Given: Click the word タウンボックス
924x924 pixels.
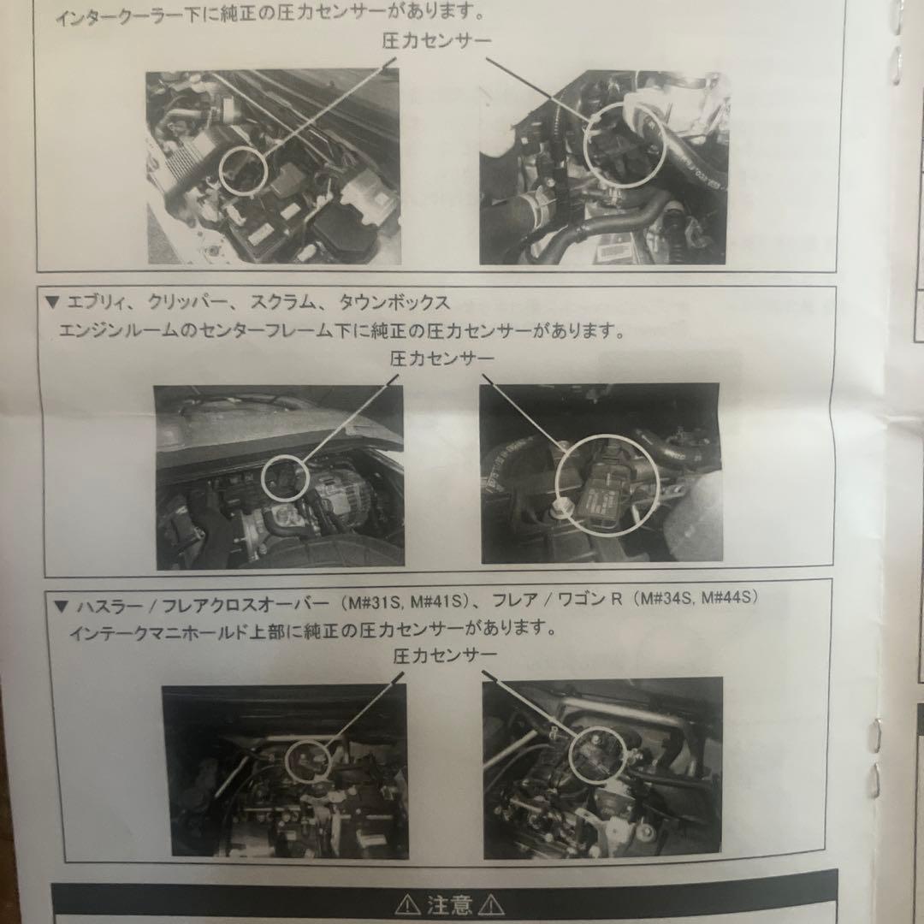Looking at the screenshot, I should tap(394, 303).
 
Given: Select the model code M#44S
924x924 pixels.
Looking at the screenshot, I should tap(729, 599).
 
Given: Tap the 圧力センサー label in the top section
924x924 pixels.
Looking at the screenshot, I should tap(437, 40).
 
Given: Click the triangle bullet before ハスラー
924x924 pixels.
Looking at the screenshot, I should tap(60, 605).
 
